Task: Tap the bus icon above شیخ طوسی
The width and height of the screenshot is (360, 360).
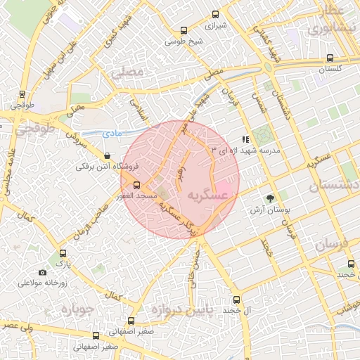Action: click(184, 31)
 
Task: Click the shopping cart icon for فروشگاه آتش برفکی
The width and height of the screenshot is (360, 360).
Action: click(107, 156)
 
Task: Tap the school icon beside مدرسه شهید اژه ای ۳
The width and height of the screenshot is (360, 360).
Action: click(245, 140)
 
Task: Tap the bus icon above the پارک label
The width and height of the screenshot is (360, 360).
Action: click(63, 254)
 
